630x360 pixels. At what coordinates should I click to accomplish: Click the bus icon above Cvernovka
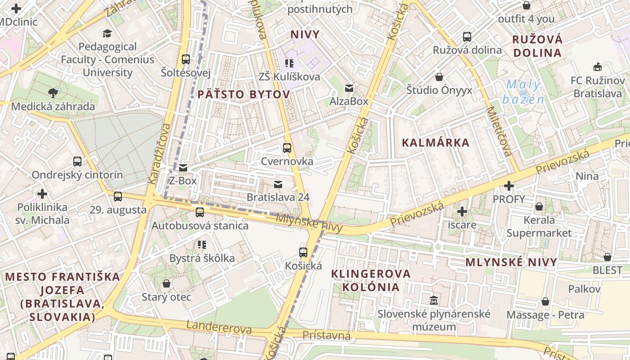(287, 148)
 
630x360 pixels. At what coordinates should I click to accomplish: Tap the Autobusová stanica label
(200, 225)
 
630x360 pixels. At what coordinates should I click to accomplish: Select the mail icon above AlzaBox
(349, 88)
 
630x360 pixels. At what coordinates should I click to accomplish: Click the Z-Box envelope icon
(183, 168)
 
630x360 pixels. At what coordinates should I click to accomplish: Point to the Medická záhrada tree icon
(53, 93)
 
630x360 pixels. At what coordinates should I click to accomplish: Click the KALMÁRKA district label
(435, 143)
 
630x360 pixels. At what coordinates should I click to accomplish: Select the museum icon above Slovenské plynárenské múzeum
(434, 300)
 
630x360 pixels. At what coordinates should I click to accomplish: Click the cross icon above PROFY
(509, 185)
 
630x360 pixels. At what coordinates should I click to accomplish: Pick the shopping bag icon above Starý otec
(166, 283)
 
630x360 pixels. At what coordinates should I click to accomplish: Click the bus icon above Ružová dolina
(467, 37)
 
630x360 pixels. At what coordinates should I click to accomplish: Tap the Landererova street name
(219, 328)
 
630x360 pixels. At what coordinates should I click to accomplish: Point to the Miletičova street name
(499, 131)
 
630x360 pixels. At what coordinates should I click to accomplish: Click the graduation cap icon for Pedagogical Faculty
(107, 33)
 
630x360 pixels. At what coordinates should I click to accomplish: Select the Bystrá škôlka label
(202, 258)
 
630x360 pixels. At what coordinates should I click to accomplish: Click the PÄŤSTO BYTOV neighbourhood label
(243, 94)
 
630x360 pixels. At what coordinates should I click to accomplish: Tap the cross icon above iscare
(462, 211)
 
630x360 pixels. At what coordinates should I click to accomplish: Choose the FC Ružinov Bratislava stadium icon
(597, 67)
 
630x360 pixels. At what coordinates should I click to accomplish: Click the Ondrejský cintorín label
(77, 175)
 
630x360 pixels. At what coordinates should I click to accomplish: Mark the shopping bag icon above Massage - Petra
(545, 301)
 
